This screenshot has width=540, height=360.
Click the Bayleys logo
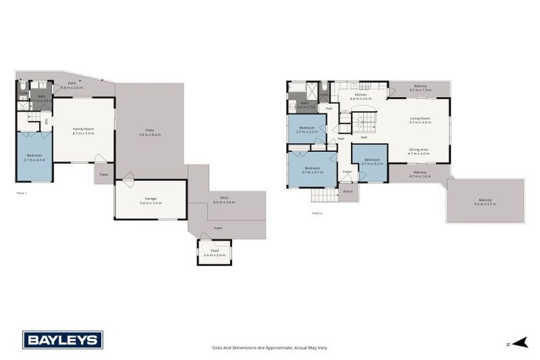(63, 340)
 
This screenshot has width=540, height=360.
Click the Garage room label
(150, 200)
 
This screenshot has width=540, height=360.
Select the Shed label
(214, 252)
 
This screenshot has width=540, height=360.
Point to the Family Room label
(84, 131)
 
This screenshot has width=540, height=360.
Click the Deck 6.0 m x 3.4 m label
(224, 200)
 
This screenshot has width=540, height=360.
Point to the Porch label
(348, 189)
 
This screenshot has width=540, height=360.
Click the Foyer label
(347, 171)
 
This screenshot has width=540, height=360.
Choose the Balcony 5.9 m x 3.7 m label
(485, 202)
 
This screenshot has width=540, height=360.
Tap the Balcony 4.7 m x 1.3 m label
(420, 88)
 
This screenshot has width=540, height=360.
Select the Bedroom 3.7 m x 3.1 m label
(312, 169)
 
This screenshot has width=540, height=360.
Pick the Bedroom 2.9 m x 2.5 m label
(307, 129)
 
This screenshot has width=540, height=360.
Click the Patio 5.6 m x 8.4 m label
(150, 131)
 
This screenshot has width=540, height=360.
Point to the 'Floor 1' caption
(22, 192)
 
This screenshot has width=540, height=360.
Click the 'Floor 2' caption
(316, 212)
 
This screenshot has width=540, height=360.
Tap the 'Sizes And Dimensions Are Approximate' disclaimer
(270, 347)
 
